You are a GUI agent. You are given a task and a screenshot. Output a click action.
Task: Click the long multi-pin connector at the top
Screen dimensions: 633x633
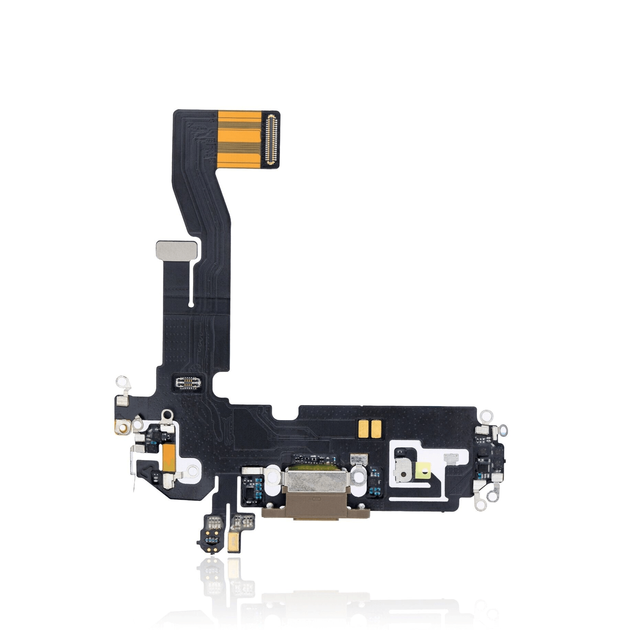[x=272, y=140]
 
